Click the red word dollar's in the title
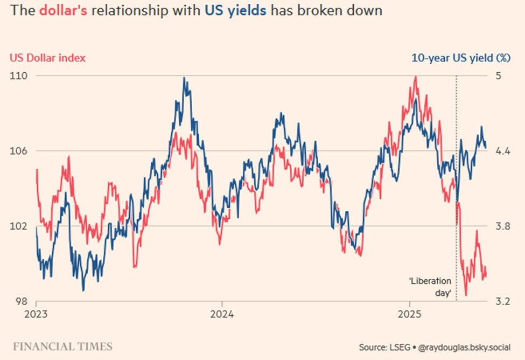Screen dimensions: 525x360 63,10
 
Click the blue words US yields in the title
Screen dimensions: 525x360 236,11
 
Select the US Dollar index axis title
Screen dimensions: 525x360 47,58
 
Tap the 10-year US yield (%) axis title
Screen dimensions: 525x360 461,58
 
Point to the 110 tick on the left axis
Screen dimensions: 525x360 18,76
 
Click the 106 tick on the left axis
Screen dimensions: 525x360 18,151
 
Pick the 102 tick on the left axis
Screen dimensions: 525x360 18,226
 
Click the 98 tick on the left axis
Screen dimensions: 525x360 21,301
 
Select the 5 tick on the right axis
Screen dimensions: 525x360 499,76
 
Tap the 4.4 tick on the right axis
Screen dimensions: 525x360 503,151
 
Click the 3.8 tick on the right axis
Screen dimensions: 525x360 503,226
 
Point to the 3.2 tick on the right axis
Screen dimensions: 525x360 503,301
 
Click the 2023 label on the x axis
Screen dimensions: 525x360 36,314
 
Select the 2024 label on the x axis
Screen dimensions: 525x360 222,314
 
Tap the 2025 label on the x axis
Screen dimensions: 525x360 409,314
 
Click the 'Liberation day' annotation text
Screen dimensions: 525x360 430,287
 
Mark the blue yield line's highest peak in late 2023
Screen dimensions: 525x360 184,78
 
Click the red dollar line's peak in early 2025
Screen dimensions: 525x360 416,77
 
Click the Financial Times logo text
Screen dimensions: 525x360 62,346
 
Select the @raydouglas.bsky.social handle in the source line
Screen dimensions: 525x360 464,347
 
